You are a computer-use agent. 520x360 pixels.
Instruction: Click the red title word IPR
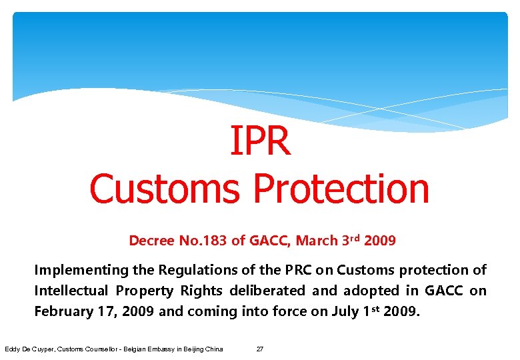click(260, 141)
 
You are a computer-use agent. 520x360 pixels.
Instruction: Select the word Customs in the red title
click(164, 188)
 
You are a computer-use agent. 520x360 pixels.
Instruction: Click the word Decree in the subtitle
click(151, 241)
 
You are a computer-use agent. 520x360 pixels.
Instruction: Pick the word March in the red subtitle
click(317, 241)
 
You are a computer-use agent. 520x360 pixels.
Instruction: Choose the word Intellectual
click(71, 291)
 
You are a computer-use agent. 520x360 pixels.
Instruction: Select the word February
click(62, 311)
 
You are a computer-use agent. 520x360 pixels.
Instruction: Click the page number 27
click(260, 349)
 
